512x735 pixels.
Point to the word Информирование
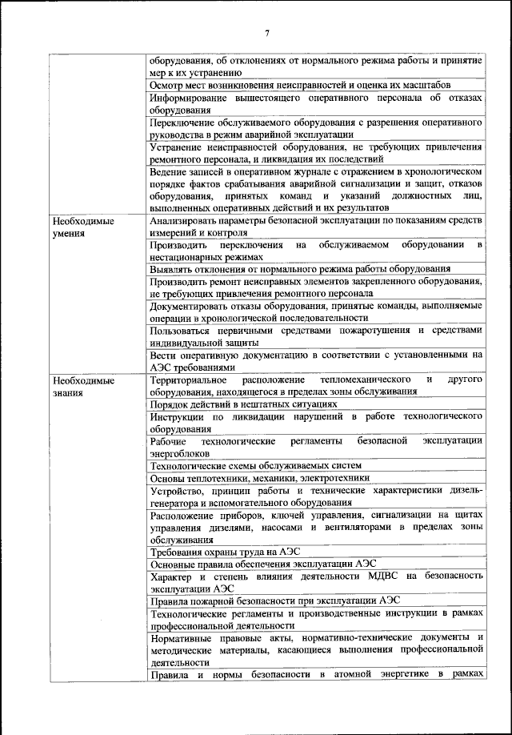point(190,98)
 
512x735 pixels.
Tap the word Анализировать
point(186,220)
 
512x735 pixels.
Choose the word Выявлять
point(172,270)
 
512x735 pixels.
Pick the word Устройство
point(175,490)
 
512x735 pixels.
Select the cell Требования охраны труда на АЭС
point(215,552)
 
